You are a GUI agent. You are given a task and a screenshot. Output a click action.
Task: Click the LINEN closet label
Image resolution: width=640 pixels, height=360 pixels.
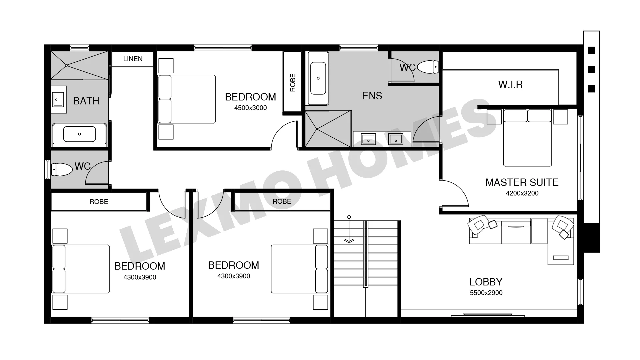133,59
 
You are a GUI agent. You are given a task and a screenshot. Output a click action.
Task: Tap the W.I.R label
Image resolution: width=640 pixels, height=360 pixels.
510,85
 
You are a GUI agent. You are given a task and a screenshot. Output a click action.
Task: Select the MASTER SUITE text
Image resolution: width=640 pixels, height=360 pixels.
522,182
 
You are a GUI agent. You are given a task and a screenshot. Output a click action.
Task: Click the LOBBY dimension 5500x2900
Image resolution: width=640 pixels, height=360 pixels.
486,293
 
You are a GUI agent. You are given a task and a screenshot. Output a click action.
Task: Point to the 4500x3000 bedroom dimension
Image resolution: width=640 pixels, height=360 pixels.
250,108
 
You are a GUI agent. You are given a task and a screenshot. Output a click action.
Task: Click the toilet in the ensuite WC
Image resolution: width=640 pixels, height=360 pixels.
427,67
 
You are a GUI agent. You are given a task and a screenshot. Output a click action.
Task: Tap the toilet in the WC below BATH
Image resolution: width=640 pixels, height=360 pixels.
62,169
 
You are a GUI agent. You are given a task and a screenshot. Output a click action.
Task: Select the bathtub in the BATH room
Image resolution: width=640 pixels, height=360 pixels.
79,134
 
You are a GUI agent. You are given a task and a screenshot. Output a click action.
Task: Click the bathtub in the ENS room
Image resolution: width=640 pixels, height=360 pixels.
318,78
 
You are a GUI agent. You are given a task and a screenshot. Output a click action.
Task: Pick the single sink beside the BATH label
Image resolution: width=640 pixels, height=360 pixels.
58,100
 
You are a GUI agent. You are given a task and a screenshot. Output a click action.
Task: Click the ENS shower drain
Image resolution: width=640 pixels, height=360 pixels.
317,129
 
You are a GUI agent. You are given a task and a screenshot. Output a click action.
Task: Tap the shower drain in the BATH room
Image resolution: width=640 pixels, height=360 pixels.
67,65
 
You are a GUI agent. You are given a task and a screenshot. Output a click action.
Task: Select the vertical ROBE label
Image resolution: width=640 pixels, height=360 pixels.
293,83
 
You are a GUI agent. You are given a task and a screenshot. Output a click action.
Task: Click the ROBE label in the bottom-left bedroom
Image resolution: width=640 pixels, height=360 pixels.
99,202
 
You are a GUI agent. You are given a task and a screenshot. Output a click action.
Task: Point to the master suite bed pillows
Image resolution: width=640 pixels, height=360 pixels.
527,116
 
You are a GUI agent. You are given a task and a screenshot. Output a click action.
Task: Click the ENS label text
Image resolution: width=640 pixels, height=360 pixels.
372,96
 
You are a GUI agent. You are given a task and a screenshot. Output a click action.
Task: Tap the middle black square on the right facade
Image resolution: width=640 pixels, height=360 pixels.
591,70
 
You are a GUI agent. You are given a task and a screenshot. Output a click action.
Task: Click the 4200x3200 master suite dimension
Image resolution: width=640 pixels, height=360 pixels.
522,193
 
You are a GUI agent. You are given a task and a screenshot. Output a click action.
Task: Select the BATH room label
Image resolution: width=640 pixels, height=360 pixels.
86,101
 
